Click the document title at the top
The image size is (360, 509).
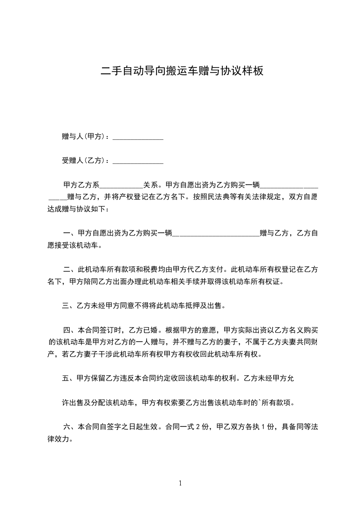tap(182, 71)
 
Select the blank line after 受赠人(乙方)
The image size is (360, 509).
tap(138, 161)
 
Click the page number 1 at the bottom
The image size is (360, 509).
tap(180, 483)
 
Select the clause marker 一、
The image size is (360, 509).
tap(70, 233)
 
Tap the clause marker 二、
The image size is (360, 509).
tap(70, 269)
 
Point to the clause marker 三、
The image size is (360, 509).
tap(69, 306)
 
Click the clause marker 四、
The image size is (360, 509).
tap(70, 330)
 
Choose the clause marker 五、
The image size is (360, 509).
tap(69, 378)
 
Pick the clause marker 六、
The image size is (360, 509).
tap(70, 426)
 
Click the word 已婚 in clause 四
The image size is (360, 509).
tap(150, 330)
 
